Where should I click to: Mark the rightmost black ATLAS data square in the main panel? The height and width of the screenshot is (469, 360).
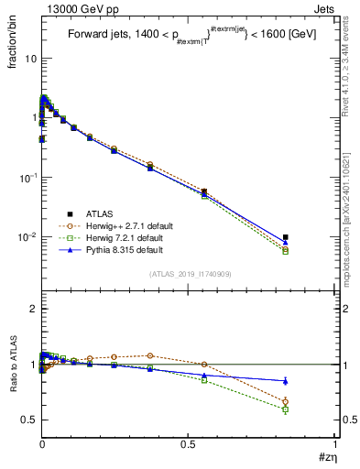[286, 237]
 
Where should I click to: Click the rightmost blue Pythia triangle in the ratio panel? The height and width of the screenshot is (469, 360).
[286, 381]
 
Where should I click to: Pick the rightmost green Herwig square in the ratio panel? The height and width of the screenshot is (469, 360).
[286, 409]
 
